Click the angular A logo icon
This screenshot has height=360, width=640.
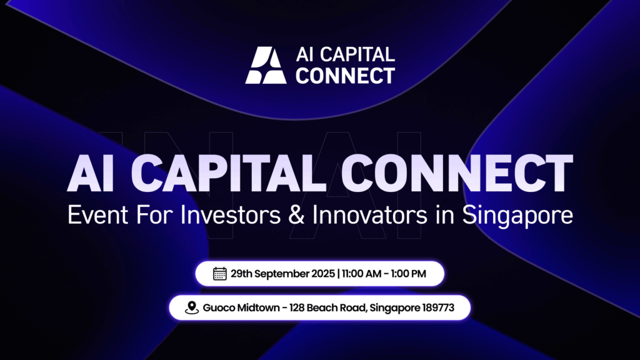[x=266, y=65]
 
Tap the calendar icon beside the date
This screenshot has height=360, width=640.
[x=219, y=274]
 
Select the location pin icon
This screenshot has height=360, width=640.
[x=191, y=307]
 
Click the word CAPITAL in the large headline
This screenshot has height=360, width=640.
[x=229, y=173]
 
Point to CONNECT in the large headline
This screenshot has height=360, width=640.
[x=457, y=173]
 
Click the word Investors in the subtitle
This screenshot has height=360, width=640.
[x=230, y=215]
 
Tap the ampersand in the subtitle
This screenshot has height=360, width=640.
[x=296, y=215]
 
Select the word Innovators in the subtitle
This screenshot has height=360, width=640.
[x=370, y=215]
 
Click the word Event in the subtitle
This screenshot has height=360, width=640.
[x=97, y=215]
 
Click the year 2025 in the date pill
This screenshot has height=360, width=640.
[x=323, y=274]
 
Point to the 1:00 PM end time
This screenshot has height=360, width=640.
[x=408, y=274]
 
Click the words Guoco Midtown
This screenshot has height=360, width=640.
[x=241, y=307]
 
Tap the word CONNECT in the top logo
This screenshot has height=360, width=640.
[x=345, y=76]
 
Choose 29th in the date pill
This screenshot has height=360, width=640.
[x=242, y=274]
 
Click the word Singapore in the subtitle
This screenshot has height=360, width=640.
[x=517, y=216]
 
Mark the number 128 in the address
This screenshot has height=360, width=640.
[x=297, y=307]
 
